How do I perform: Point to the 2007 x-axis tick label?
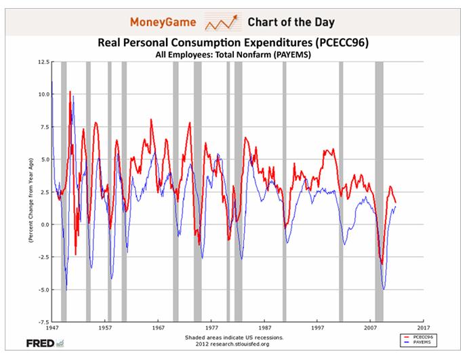click(x=370, y=327)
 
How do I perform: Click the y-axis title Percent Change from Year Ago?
click(x=31, y=192)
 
